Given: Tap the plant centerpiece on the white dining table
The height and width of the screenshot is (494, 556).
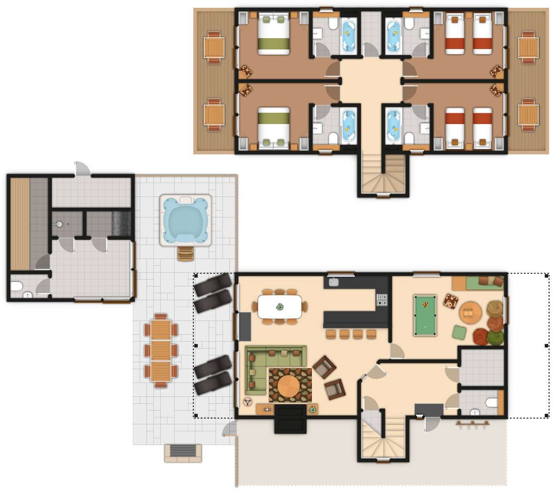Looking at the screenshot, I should coord(280,307).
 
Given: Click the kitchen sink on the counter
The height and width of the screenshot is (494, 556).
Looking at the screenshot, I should coord(334,282).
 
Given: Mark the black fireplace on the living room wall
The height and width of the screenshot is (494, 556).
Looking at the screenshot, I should coord(291,419).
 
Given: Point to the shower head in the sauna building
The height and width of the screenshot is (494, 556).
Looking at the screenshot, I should coord(60,224).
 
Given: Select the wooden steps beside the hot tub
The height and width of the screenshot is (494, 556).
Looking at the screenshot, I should coord(185,254).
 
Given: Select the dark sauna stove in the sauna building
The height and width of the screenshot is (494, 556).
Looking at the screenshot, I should coord(121,224).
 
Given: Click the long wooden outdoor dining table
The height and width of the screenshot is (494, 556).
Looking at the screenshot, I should coord(161,350).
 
